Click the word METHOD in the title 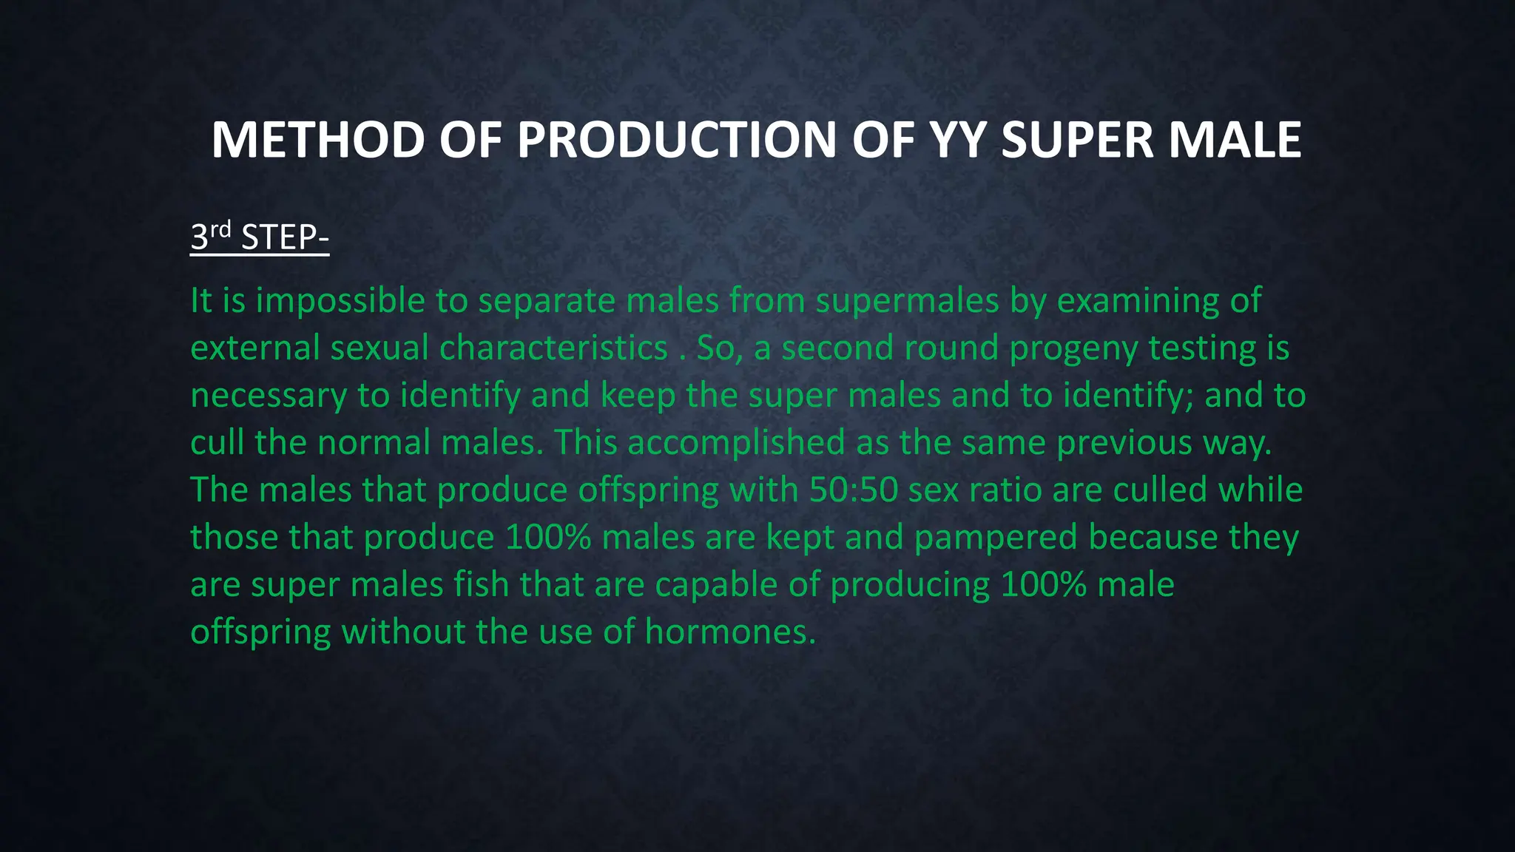coord(317,140)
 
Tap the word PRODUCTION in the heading coord(676,140)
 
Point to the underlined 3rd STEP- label coord(259,237)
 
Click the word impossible coord(340,301)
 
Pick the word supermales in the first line coord(907,301)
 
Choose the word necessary coord(269,396)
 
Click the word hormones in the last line coord(729,632)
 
